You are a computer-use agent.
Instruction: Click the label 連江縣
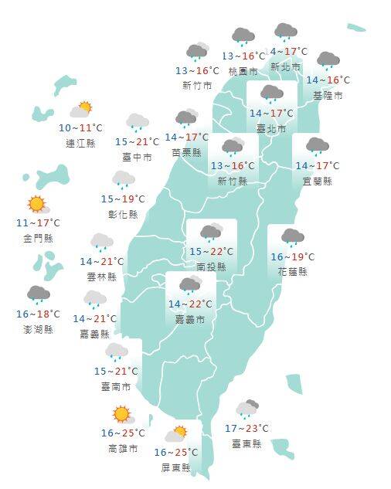pos(80,143)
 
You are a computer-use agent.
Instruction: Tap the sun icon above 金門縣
pos(36,205)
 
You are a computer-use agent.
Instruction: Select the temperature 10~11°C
pos(81,128)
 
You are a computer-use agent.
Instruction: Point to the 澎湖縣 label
pos(38,329)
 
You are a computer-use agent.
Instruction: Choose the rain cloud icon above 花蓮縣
pos(292,237)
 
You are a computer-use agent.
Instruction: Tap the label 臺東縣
pos(246,443)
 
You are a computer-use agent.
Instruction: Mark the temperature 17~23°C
pos(246,429)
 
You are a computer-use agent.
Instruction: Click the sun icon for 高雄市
pos(121,415)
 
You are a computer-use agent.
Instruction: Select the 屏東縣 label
pos(176,467)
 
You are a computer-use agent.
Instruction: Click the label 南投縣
pos(211,267)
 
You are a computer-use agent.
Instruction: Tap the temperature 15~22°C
pos(211,252)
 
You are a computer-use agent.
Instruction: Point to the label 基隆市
pos(328,95)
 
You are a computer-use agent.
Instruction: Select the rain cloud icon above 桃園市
pos(243,36)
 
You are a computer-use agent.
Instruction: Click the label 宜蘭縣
pos(317,181)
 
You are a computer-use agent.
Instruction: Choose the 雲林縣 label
pos(102,277)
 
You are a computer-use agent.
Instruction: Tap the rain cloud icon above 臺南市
pos(117,353)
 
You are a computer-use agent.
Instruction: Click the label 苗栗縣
pos(186,152)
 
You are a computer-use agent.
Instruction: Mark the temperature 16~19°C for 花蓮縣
pos(292,257)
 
